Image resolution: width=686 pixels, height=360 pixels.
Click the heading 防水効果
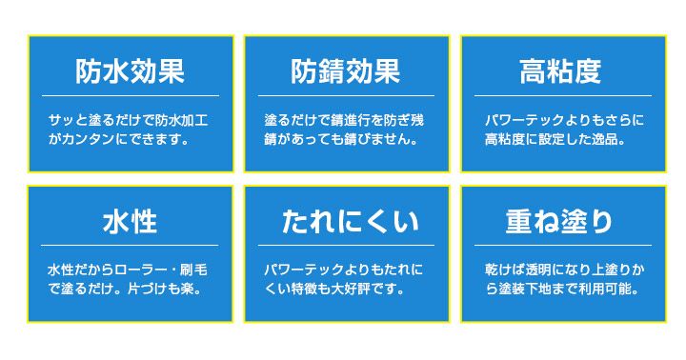[x=130, y=71]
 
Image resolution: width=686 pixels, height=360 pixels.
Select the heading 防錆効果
[x=346, y=71]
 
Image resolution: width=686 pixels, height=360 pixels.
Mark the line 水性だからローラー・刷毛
[x=130, y=270]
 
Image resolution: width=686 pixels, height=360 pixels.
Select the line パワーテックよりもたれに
[x=346, y=270]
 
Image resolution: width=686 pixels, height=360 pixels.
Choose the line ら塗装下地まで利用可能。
[x=561, y=289]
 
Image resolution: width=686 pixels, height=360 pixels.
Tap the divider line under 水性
[x=130, y=246]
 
